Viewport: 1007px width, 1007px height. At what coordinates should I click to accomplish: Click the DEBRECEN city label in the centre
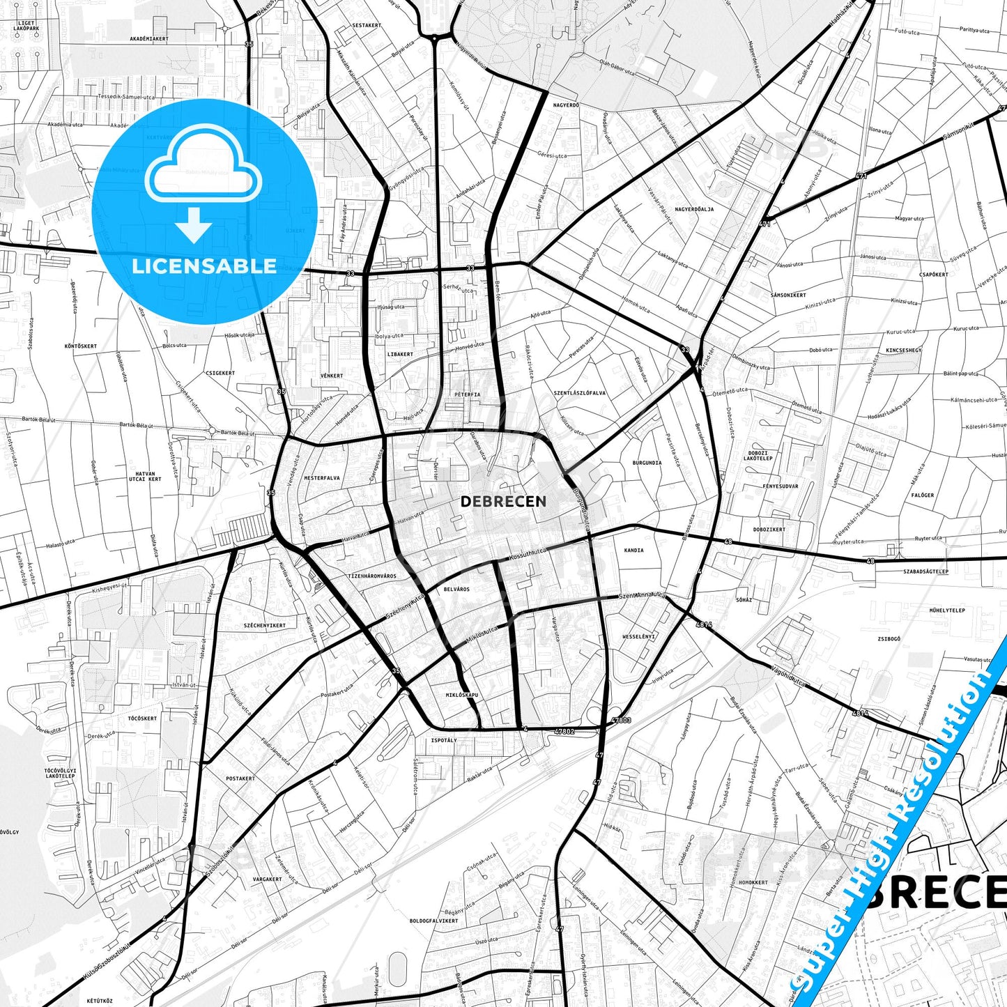[503, 501]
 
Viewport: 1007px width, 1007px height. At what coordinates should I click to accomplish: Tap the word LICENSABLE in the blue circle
[204, 266]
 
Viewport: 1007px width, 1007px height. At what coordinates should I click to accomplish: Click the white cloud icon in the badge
[203, 171]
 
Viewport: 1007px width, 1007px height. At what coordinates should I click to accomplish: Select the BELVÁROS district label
[456, 589]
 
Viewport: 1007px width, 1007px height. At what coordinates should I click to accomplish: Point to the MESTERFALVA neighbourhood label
[322, 478]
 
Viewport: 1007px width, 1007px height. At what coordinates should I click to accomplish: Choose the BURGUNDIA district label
[647, 463]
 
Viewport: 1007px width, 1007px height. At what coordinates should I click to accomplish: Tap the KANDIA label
[633, 551]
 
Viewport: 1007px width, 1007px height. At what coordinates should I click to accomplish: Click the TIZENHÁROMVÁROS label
[372, 576]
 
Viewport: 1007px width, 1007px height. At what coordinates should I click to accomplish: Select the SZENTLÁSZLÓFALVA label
[580, 393]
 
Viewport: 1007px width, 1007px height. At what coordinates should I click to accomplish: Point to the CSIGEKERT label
[220, 373]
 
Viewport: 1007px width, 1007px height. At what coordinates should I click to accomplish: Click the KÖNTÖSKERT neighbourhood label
[81, 346]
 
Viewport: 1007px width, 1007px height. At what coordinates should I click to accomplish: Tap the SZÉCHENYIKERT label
[265, 625]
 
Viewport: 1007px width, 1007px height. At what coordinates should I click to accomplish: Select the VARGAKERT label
[267, 879]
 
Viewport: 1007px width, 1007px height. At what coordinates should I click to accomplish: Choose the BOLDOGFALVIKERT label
[434, 921]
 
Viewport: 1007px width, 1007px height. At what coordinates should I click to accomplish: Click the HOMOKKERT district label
[753, 882]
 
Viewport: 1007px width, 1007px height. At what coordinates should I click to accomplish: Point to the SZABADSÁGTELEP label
[925, 571]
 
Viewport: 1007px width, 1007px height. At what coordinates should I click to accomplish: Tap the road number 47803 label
[620, 720]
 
